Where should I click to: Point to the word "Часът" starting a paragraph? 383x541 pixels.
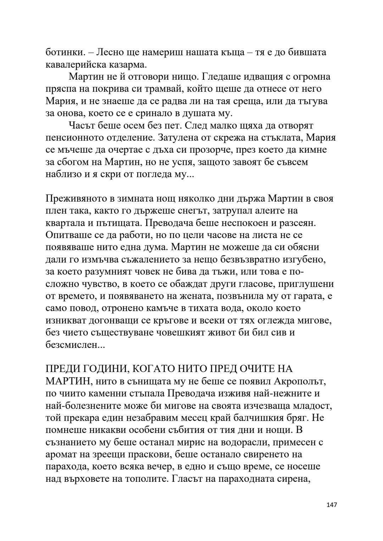[x=81, y=126]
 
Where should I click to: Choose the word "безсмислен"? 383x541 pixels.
[x=73, y=344]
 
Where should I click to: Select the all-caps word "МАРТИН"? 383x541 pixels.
[x=67, y=381]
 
